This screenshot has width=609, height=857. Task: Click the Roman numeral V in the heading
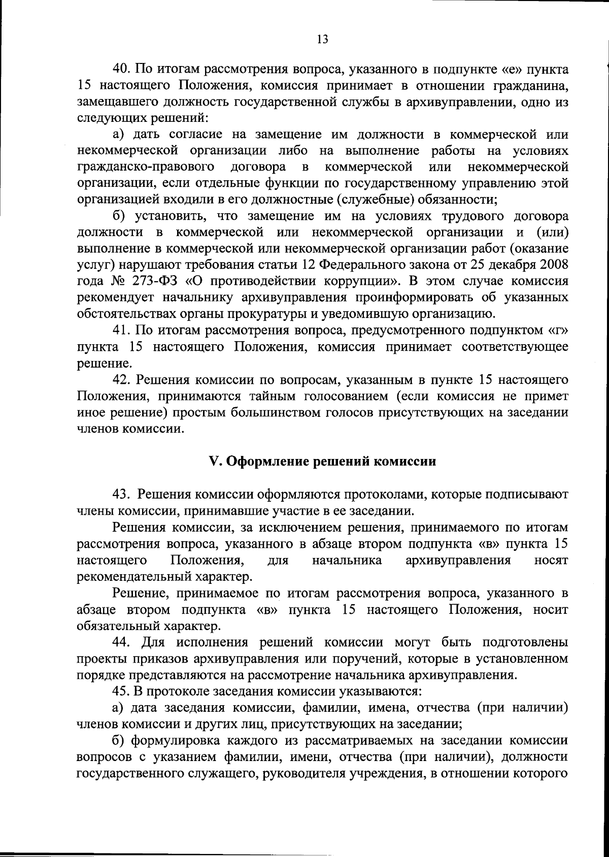coord(213,462)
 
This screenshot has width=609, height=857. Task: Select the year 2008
coord(554,265)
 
